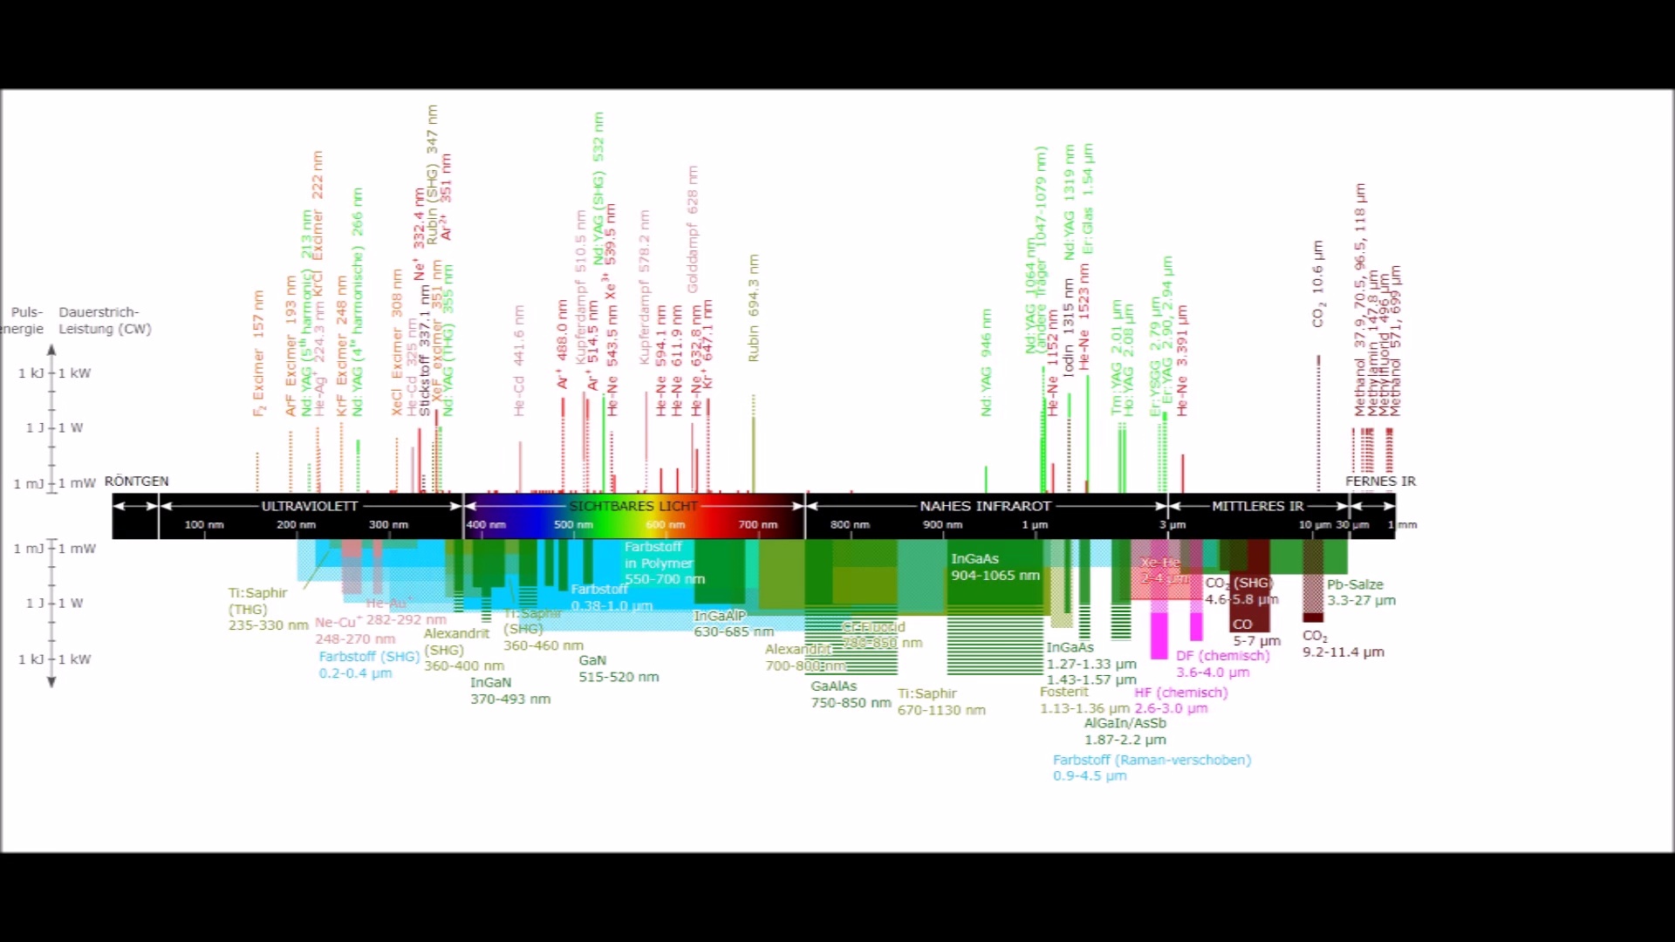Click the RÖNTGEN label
[137, 481]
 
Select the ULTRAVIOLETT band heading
[310, 506]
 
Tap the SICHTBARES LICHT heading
[634, 506]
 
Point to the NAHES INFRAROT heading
[986, 506]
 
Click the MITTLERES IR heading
[1257, 506]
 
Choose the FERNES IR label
[1380, 481]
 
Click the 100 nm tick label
[204, 525]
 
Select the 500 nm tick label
[573, 525]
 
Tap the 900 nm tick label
[942, 525]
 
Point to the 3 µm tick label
[1172, 525]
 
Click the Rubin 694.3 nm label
[754, 309]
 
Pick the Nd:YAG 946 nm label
[986, 362]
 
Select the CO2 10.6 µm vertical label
[1317, 284]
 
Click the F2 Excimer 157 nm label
[258, 353]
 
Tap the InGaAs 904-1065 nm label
[995, 567]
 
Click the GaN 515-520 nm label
[619, 669]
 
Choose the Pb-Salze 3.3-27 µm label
[1361, 592]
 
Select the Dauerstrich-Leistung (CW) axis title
[105, 320]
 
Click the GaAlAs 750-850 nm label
[851, 694]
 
